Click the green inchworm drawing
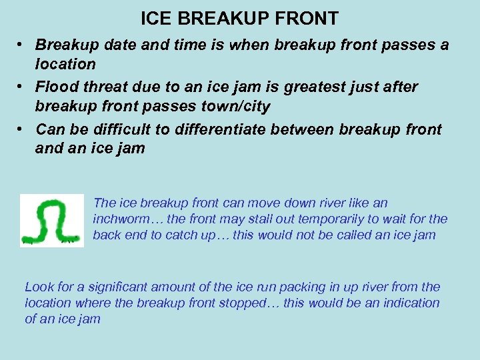(x=51, y=221)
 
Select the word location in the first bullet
(x=65, y=64)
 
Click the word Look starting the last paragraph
(x=39, y=287)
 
